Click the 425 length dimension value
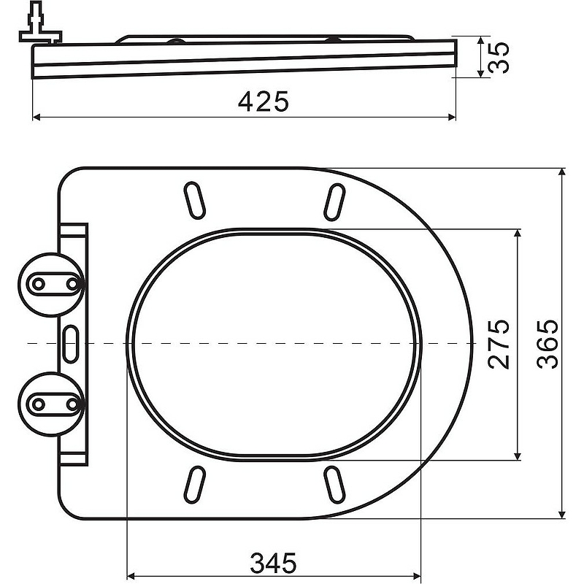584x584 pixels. pos(264,101)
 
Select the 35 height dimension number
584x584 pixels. pos(498,58)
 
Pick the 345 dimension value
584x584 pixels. pos(274,562)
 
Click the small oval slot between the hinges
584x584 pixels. pos(72,342)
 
